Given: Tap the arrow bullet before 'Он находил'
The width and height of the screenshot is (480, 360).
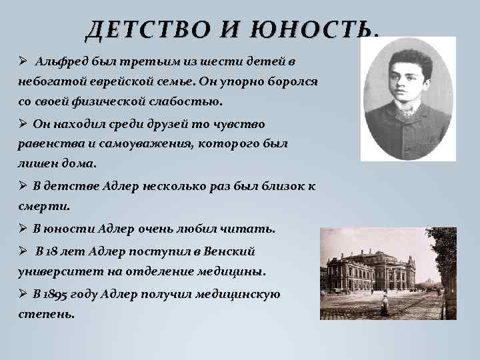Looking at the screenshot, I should tap(23, 124).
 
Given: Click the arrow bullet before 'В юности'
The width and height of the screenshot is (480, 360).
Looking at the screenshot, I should tap(23, 229).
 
